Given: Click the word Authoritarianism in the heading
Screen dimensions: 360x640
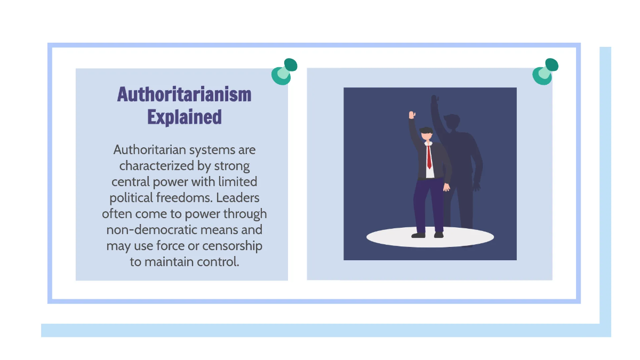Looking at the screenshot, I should coord(184,94).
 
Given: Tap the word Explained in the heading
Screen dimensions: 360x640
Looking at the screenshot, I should coord(184,117).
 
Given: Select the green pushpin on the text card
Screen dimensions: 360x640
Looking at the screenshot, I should coord(283,71).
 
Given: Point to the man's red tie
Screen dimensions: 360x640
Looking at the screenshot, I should coord(429,157).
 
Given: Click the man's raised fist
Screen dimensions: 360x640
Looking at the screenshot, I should coord(412,115).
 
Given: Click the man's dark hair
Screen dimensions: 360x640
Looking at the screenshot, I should coord(426,131).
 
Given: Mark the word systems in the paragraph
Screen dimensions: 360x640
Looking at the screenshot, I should coord(211,149).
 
